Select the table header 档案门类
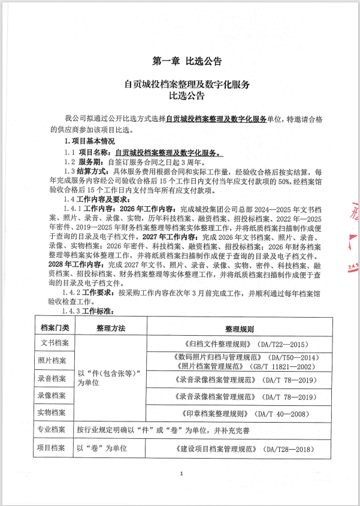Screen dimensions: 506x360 tap(55, 328)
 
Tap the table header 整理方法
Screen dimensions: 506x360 tap(110, 329)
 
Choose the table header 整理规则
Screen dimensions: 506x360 tap(240, 329)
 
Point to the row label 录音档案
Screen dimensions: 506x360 tap(55, 379)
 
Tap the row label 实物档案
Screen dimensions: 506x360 tap(55, 413)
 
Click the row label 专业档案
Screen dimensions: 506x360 tap(55, 430)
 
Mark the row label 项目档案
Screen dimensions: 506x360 tap(55, 448)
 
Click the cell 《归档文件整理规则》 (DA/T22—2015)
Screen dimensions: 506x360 tap(240, 345)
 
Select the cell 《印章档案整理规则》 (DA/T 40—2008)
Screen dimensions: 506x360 tap(240, 414)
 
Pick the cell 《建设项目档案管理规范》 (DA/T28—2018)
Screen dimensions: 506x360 tap(240, 449)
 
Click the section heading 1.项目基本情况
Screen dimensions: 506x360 tap(89, 141)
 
